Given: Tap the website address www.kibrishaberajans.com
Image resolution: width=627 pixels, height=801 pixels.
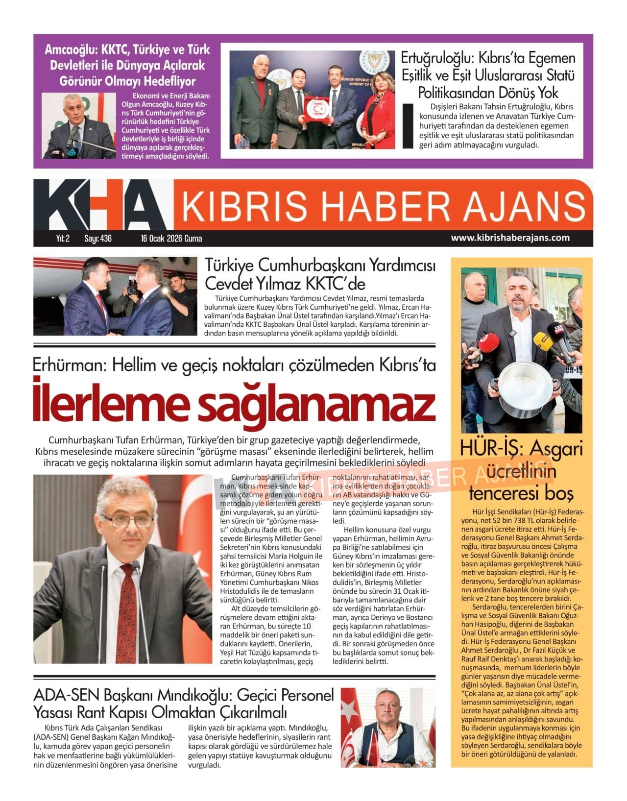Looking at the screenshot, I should pos(510,238).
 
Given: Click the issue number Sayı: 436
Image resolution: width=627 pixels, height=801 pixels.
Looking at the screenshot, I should pos(98,239).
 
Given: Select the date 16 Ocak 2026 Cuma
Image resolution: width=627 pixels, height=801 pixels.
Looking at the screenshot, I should pos(171,239).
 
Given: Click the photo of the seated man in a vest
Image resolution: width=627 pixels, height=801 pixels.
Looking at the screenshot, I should pos(387,728).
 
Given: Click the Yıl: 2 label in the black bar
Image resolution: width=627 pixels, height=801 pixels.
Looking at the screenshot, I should pos(62,239).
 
